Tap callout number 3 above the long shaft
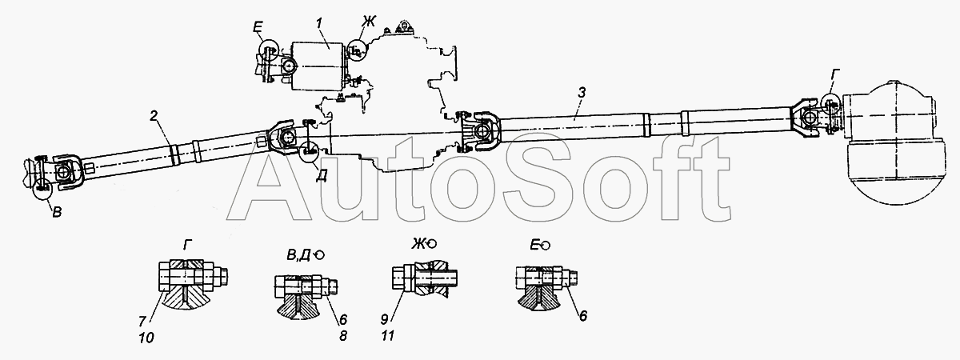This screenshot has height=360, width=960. pos(582,94)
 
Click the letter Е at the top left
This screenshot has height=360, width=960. pos(257,30)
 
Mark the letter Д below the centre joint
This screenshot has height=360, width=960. pos(319,178)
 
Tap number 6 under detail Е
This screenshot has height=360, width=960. pos(582,314)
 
